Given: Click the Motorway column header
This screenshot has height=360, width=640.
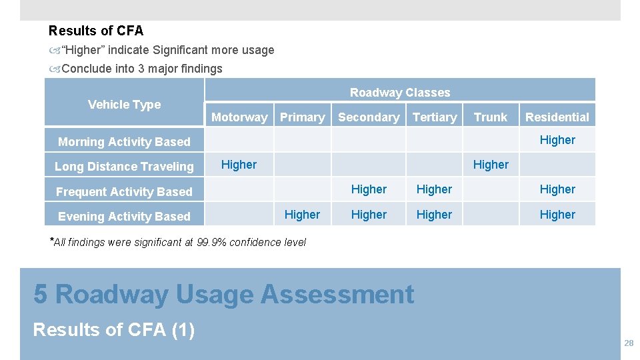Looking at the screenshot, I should [x=239, y=117].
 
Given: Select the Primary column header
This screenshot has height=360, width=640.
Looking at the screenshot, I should [x=302, y=117].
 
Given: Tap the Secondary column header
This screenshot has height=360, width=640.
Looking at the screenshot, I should [x=369, y=117].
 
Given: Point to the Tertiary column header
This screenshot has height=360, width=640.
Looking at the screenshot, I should [x=435, y=117].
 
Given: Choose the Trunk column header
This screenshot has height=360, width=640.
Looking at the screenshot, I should [x=491, y=117].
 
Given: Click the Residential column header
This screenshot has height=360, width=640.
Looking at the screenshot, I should [x=557, y=117].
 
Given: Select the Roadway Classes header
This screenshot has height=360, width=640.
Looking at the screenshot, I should [x=400, y=93].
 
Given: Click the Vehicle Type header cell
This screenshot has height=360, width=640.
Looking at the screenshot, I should [x=125, y=105].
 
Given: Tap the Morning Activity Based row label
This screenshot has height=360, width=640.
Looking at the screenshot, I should [x=124, y=141].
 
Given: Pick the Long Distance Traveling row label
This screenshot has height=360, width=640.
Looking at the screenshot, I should [x=124, y=167].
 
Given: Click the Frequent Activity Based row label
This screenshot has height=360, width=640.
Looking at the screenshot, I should [x=124, y=192].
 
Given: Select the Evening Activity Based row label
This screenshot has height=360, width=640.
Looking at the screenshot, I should [x=124, y=217].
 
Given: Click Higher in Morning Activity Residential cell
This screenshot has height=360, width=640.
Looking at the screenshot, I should [x=557, y=140].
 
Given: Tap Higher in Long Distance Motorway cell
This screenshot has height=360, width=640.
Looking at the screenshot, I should [x=239, y=165].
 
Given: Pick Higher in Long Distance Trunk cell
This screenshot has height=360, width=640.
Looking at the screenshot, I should [x=491, y=165].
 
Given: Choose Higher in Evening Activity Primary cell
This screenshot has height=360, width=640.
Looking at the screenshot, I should [x=302, y=215].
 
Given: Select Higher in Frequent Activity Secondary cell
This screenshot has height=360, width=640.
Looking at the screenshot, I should [x=369, y=189].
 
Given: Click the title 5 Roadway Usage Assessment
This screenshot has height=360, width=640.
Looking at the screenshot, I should [x=224, y=294].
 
